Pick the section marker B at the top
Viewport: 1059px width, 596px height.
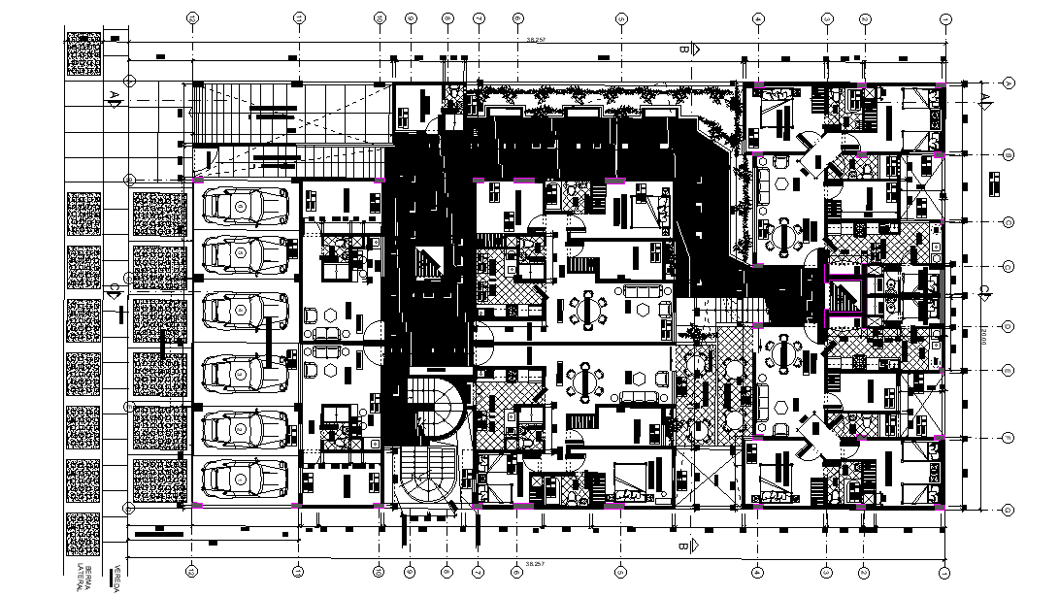click(x=683, y=49)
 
